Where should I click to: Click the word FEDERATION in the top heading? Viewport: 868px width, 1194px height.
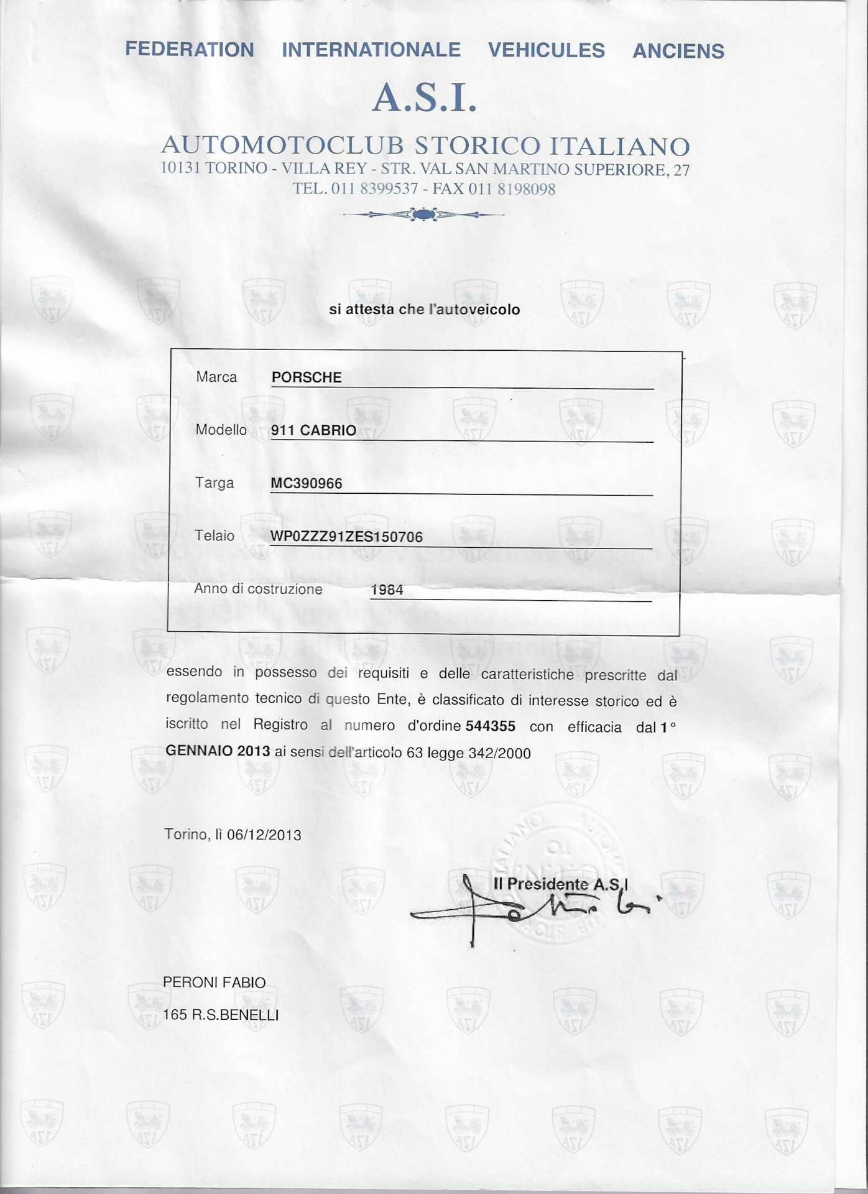190,49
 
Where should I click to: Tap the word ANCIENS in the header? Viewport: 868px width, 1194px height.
678,50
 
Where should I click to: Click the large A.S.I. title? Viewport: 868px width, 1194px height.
424,98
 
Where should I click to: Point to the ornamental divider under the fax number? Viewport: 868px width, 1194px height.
423,215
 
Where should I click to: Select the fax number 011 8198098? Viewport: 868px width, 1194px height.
512,189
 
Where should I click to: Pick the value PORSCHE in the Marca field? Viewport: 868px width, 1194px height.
307,377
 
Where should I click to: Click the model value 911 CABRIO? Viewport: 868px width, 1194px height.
313,430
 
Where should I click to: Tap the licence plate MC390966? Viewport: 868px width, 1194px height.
306,484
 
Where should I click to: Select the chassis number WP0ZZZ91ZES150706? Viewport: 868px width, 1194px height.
346,537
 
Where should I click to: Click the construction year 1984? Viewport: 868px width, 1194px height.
387,590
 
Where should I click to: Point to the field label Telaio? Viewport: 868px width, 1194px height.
215,535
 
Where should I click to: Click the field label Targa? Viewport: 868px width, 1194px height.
215,483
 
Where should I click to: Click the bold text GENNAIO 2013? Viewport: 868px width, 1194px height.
218,751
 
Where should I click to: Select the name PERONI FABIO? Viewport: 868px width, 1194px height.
214,983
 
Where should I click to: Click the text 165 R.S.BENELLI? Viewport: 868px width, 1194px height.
221,1016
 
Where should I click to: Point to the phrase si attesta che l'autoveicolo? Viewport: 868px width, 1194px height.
424,309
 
